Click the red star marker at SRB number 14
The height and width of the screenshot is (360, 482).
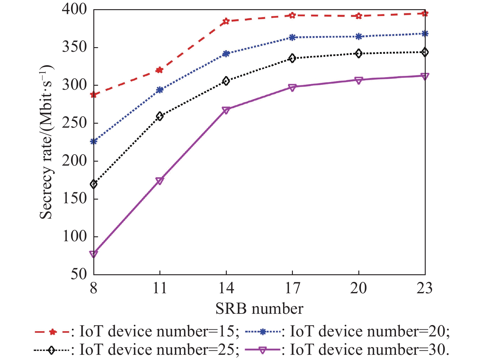[x=226, y=21]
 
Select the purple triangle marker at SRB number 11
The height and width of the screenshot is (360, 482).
[x=160, y=181]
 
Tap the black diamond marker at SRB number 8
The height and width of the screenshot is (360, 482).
[x=94, y=184]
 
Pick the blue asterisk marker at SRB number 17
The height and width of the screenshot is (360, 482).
[x=292, y=37]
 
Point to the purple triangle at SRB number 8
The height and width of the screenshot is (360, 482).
[x=94, y=254]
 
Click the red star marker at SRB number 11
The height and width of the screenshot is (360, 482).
[x=160, y=70]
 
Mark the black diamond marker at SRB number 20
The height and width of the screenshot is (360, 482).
[x=359, y=54]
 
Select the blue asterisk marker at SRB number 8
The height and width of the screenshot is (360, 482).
[x=94, y=141]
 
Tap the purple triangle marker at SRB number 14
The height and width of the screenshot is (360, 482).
[x=226, y=110]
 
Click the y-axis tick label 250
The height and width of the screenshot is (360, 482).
[x=74, y=123]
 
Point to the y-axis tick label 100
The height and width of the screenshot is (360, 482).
[x=74, y=237]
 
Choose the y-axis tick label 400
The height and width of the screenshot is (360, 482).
[x=74, y=10]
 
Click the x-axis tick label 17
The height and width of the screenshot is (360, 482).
[x=292, y=288]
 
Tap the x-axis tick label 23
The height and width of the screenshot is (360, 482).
[x=424, y=288]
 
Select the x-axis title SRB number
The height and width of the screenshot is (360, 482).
[x=259, y=309]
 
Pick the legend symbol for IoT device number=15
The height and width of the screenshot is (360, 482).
[x=52, y=332]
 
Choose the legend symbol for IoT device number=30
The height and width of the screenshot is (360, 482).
[x=263, y=350]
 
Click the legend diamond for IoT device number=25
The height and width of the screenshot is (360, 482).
[x=52, y=350]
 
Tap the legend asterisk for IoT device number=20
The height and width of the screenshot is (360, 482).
[x=262, y=332]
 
